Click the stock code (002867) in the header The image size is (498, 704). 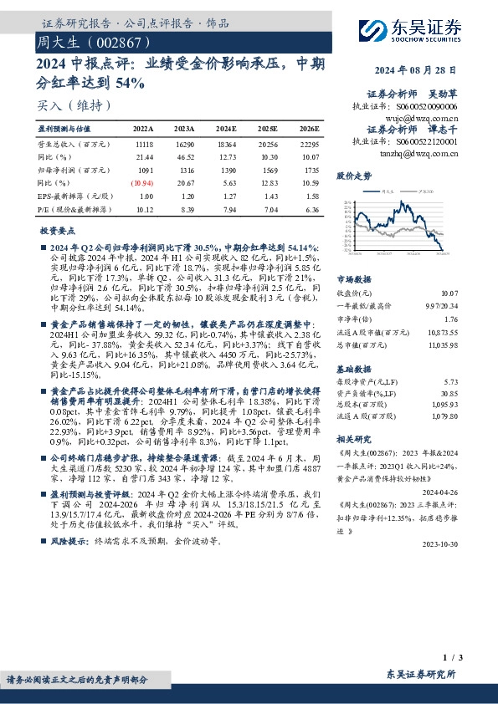pos(115,40)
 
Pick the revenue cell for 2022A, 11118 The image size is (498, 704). pos(144,145)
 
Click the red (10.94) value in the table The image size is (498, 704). pos(142,182)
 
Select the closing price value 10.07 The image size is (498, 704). pos(474,293)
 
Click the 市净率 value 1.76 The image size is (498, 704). pos(475,319)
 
